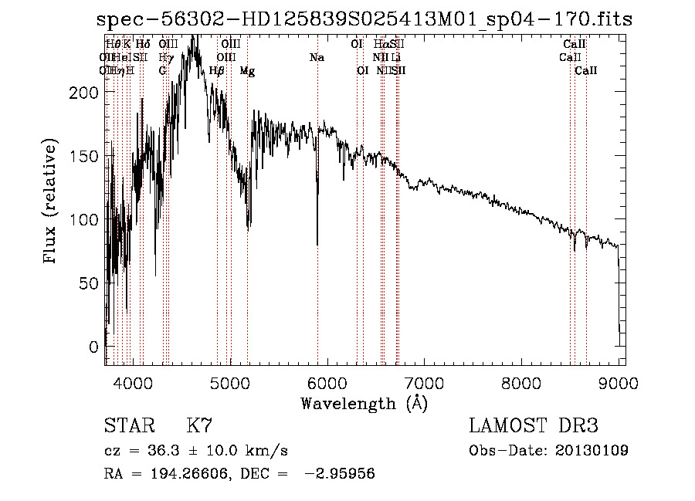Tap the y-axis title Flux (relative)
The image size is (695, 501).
click(52, 202)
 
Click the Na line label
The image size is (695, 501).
click(317, 58)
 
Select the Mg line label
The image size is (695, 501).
click(247, 71)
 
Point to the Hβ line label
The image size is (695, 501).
click(217, 71)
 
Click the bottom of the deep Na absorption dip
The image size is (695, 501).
click(317, 244)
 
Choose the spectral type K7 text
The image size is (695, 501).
click(199, 426)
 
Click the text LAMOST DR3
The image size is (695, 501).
click(534, 426)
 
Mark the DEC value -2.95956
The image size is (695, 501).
click(340, 474)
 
